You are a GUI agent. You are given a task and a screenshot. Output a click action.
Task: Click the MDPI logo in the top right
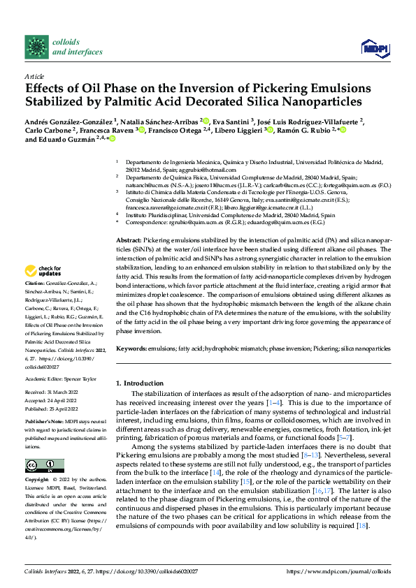(373, 47)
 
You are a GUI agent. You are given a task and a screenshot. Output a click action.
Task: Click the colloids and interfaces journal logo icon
(36, 47)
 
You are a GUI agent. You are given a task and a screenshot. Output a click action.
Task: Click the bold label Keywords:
(132, 347)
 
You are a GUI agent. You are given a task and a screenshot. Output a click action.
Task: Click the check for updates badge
(43, 270)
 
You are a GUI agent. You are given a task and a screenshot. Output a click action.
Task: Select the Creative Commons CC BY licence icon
(44, 466)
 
